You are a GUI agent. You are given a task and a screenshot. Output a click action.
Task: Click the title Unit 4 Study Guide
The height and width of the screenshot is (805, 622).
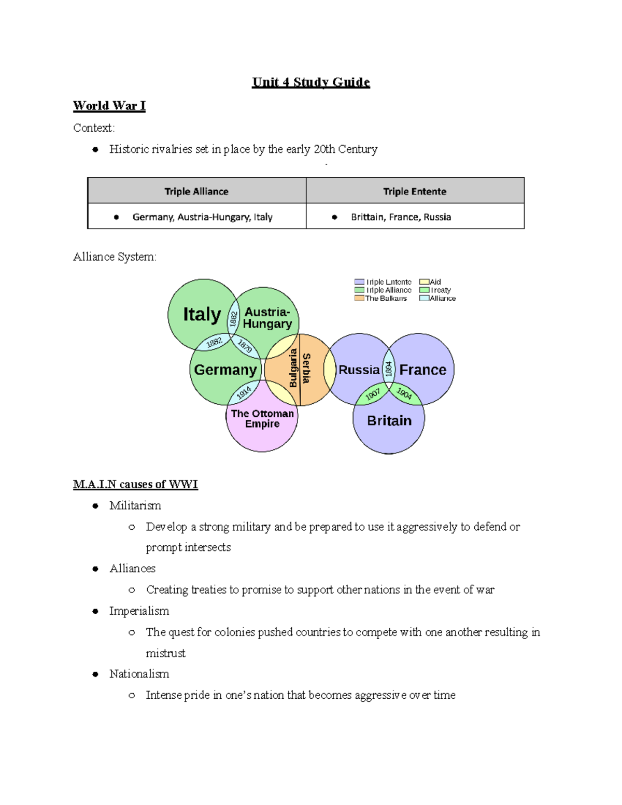point(310,82)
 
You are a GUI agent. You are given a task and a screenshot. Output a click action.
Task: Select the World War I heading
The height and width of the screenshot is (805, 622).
point(109,106)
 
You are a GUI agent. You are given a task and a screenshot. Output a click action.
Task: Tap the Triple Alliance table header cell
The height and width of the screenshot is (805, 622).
point(196,191)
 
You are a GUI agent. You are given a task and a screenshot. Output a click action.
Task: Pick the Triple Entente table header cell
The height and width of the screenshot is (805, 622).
point(415,191)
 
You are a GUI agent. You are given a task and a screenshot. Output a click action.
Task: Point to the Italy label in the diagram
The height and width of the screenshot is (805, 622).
point(202,315)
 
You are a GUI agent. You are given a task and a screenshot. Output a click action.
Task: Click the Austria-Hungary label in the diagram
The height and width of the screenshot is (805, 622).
point(267,318)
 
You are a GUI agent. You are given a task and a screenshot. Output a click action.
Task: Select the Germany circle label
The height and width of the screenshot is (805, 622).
point(225,370)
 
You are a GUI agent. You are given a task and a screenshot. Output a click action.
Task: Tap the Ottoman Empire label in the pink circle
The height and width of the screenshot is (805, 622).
point(262,419)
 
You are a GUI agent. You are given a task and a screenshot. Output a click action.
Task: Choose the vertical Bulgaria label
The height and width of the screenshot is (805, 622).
point(293,368)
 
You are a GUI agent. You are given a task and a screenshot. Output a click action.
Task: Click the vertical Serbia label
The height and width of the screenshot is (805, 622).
point(306,368)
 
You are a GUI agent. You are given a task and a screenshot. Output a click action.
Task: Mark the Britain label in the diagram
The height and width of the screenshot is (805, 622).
point(389,420)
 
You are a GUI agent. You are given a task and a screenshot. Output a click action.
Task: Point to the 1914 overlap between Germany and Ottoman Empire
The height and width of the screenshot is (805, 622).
point(244,392)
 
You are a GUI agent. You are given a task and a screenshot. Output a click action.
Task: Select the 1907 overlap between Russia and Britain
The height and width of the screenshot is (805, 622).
point(373,394)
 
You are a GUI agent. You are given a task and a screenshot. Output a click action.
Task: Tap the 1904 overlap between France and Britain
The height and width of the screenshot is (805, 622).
point(404,393)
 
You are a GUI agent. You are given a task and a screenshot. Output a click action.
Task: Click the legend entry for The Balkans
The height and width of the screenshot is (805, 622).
point(381,299)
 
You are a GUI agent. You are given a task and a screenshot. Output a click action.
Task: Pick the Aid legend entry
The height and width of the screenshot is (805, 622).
point(431,282)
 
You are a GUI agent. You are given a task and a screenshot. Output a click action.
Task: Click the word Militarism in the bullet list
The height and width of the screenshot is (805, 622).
point(135,505)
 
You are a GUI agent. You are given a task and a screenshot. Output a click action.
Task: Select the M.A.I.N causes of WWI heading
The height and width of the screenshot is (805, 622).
point(135,484)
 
